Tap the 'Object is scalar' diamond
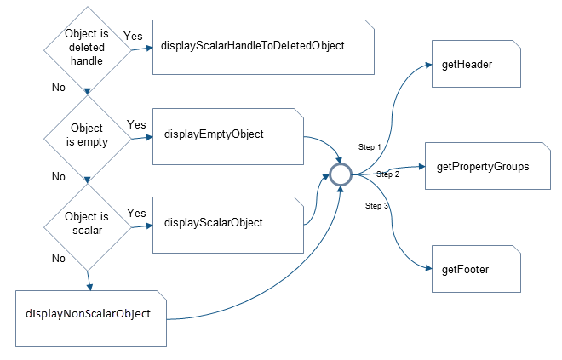point(87,223)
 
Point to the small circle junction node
point(341,174)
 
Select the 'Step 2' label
point(387,174)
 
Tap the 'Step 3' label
point(377,206)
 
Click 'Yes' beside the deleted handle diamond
point(134,37)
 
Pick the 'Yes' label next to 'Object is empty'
point(136,124)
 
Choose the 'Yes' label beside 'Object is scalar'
point(136,212)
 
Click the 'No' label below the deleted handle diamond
point(58,87)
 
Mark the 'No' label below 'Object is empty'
point(58,176)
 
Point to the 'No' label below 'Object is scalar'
point(58,257)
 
